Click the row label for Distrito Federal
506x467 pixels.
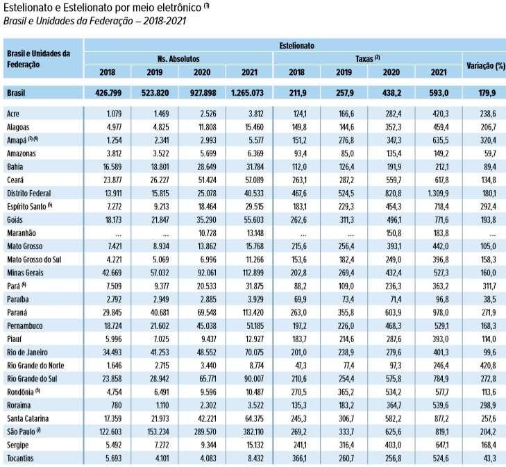pos(28,194)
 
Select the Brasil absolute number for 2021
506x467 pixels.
pos(247,93)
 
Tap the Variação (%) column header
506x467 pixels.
pos(486,66)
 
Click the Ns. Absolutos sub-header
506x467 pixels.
pos(178,59)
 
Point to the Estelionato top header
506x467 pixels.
pos(296,46)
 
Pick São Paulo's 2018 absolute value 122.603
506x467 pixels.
pos(110,432)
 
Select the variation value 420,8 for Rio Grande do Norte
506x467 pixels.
pos(488,366)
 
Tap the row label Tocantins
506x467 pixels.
pos(20,458)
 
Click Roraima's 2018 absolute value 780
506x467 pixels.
pos(115,405)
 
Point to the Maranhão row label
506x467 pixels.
pos(22,233)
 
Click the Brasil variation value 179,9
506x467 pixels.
pos(487,93)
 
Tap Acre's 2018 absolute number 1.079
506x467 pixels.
pos(115,114)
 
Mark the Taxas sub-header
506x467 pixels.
pos(368,59)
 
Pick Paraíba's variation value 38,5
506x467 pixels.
pos(489,299)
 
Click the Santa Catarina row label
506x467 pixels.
pos(28,418)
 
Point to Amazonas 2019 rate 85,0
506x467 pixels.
pos(347,153)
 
